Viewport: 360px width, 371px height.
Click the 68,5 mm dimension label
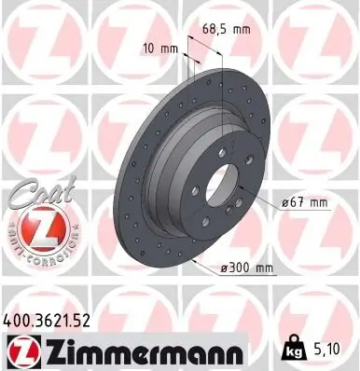(x=227, y=31)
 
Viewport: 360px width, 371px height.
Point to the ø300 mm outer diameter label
(x=247, y=268)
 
